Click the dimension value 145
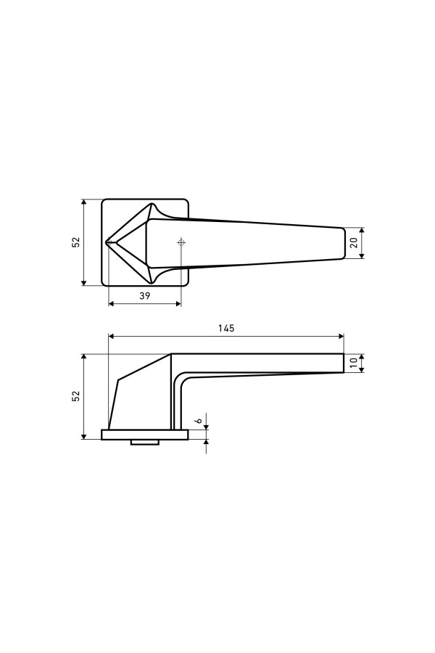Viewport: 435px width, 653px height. (x=226, y=328)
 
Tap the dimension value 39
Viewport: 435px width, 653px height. (x=144, y=296)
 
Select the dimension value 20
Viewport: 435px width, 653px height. (x=354, y=243)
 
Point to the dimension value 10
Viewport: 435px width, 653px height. (x=354, y=363)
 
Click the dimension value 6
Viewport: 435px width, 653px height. (x=199, y=421)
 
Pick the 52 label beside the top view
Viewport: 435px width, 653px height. (x=75, y=243)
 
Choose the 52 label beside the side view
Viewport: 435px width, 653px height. (x=75, y=396)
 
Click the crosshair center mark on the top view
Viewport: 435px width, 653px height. (x=181, y=242)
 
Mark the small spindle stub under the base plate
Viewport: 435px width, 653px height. (x=145, y=443)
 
